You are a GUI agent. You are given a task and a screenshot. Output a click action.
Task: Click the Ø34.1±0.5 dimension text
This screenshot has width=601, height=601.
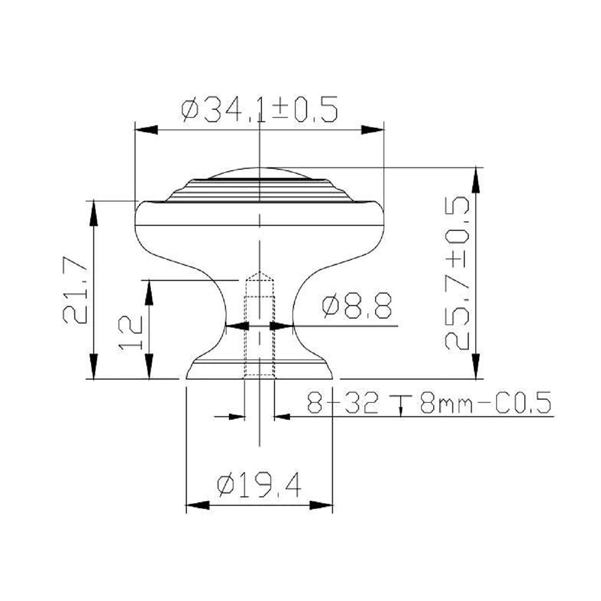260,109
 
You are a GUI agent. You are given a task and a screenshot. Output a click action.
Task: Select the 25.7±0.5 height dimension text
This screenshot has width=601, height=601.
457,274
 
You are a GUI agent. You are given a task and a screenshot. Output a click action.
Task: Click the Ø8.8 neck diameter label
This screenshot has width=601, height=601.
357,305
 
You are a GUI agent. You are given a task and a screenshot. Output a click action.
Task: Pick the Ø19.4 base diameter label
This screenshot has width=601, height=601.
259,486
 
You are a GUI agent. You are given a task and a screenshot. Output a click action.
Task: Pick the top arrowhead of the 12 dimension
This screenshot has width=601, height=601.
149,292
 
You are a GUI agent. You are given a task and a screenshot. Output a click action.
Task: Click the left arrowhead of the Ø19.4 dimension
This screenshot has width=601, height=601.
198,506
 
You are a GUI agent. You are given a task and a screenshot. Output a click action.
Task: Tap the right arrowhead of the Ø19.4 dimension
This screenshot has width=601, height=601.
321,506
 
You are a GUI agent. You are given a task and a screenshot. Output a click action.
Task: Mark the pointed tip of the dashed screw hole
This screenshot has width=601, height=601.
260,273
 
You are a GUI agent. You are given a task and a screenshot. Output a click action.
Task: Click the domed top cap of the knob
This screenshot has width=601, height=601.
260,172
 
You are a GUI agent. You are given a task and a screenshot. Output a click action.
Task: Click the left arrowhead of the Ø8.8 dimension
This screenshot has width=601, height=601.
236,326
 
